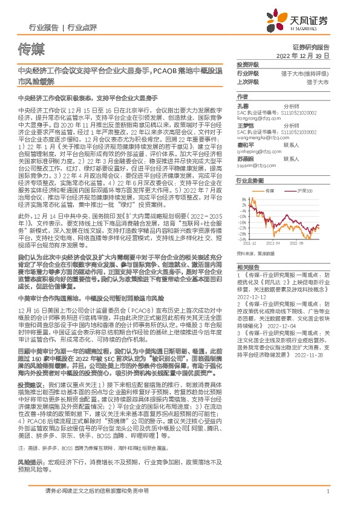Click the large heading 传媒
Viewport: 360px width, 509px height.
30,48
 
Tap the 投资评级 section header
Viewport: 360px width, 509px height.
248,64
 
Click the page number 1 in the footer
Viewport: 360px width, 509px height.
327,493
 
